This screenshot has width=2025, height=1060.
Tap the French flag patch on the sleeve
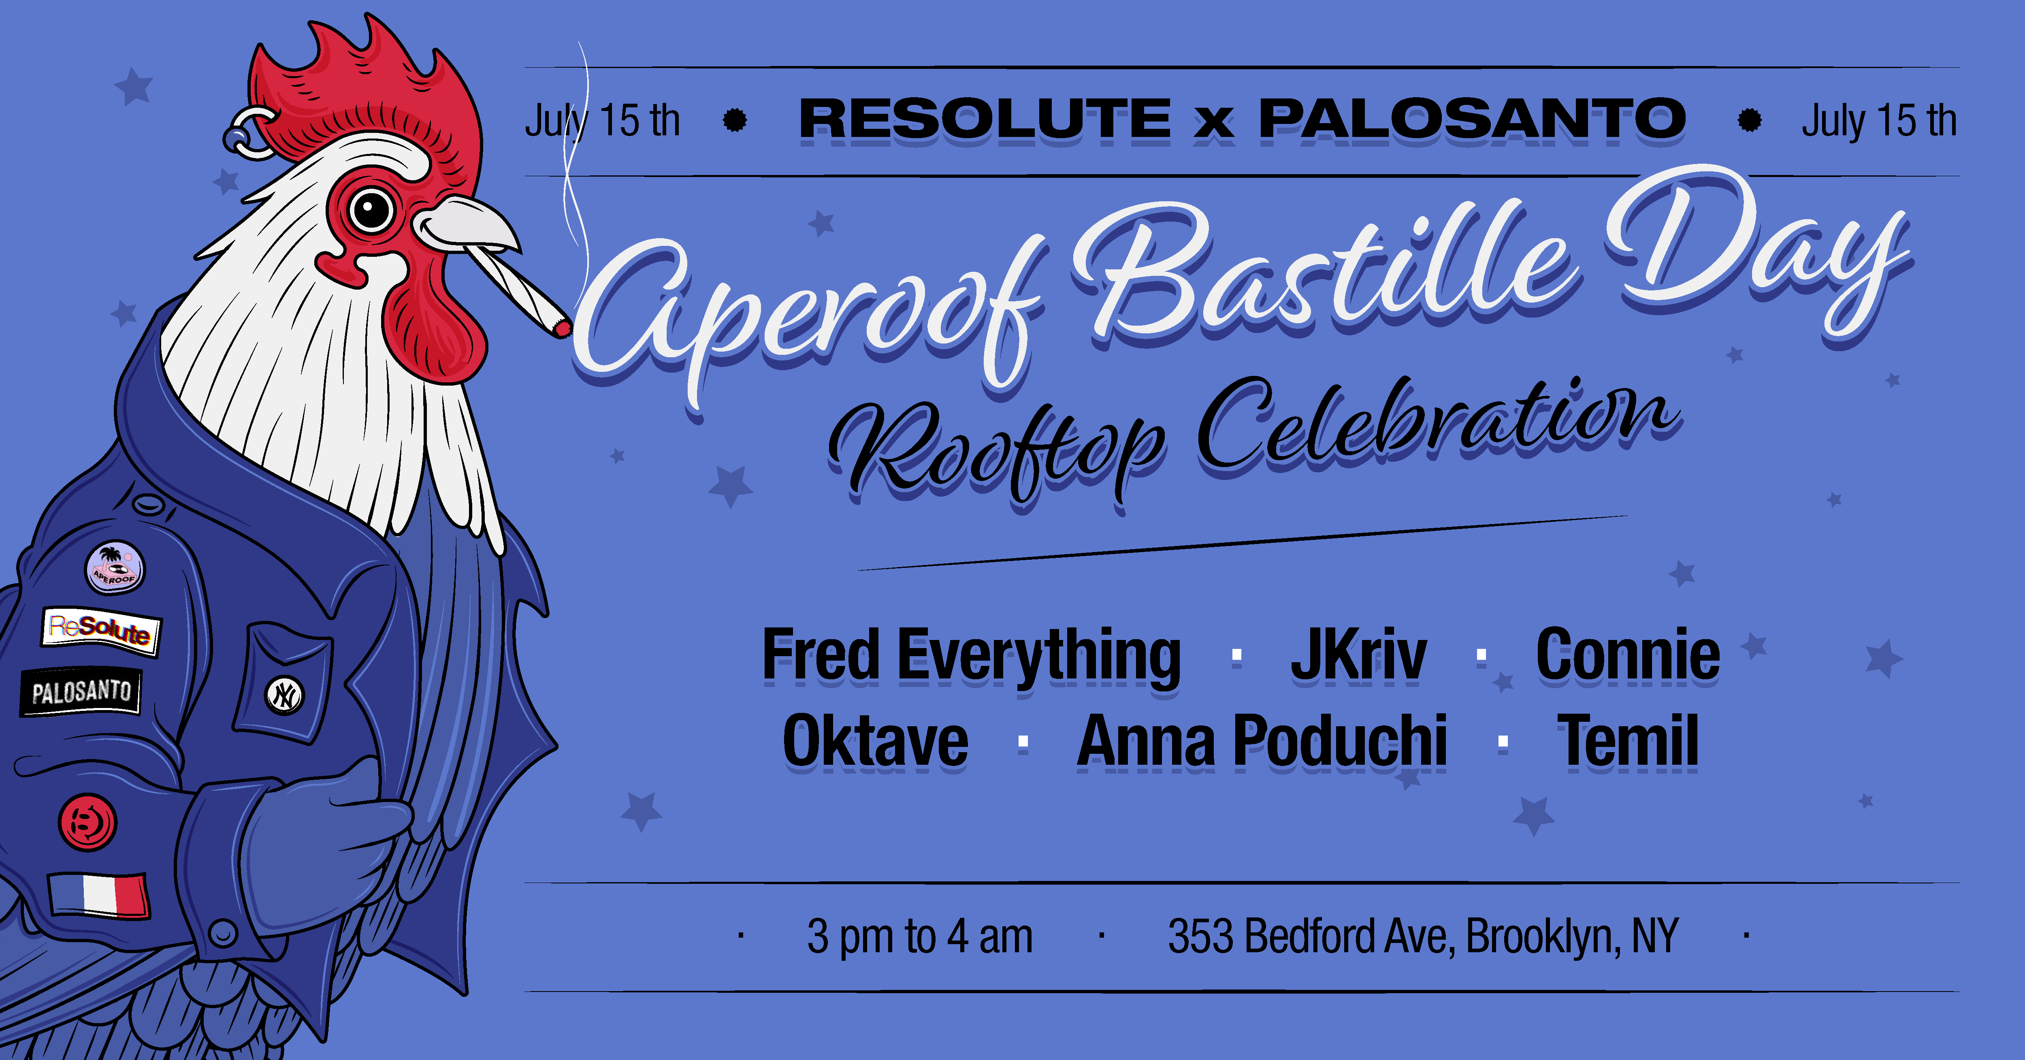point(98,895)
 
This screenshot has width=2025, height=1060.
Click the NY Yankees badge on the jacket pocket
point(284,695)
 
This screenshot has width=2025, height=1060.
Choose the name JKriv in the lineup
point(1358,655)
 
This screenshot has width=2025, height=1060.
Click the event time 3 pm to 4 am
point(920,936)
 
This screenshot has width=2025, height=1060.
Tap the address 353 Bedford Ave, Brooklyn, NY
point(1423,936)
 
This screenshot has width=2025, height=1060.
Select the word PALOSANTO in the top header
point(1472,119)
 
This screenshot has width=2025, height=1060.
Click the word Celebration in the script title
point(1439,429)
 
